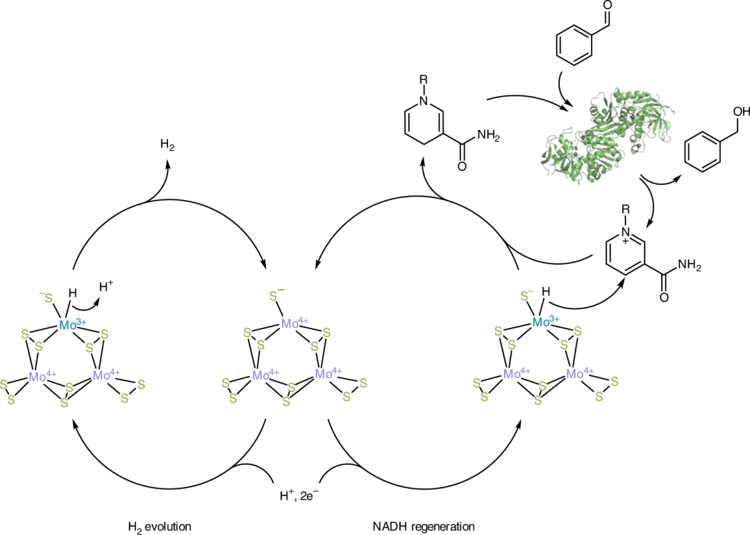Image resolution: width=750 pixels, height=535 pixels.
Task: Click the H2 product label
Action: click(167, 145)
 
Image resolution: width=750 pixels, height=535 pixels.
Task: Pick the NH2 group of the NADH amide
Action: click(486, 136)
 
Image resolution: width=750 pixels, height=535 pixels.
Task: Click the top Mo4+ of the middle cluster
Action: click(294, 323)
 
